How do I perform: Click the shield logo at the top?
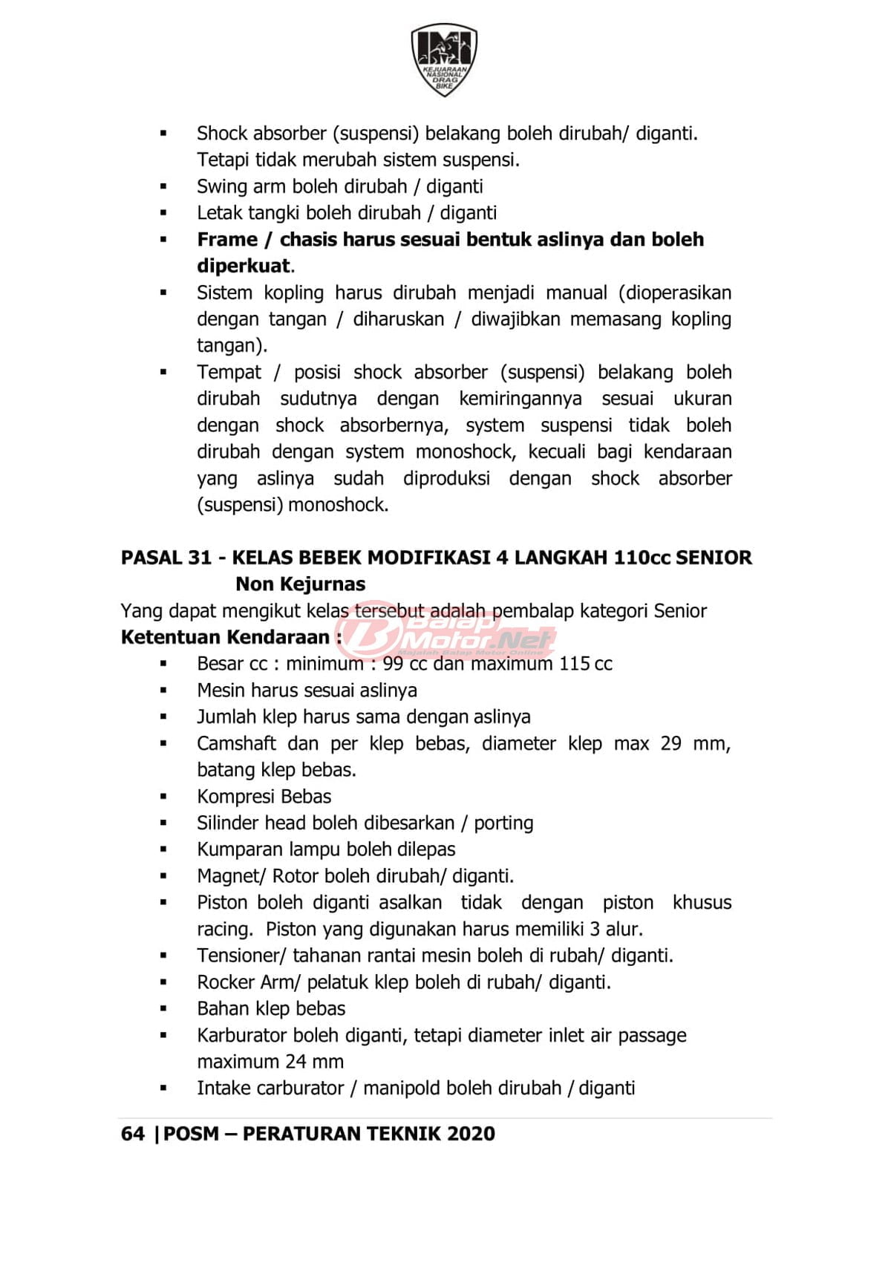(x=444, y=59)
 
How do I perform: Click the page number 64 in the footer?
(x=132, y=1134)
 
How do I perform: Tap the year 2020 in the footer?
(x=471, y=1134)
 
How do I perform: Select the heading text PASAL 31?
(x=166, y=558)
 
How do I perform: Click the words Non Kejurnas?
(x=300, y=584)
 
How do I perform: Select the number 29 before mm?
(x=670, y=743)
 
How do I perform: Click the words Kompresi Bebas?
(x=264, y=797)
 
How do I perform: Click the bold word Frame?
(x=226, y=240)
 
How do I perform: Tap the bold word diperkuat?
(x=244, y=266)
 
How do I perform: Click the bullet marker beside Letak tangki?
(x=163, y=213)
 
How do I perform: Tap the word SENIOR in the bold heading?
(x=714, y=558)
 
